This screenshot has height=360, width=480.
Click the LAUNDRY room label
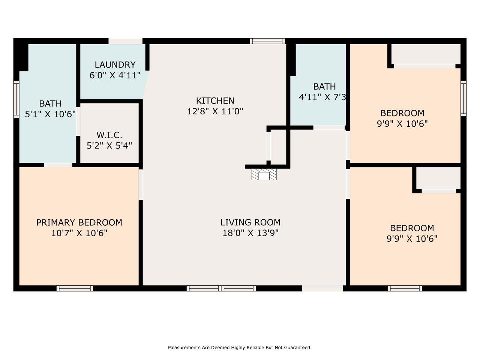tap(115, 65)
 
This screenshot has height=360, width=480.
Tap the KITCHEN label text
tap(215, 101)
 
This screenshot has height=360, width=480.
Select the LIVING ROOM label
tap(250, 222)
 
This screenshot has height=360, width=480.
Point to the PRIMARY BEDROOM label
tap(79, 222)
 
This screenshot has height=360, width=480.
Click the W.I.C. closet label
tap(109, 135)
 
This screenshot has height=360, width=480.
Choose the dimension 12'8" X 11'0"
tap(215, 111)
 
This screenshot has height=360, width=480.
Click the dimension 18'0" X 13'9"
tap(250, 233)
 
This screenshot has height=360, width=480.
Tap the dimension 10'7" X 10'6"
tap(79, 233)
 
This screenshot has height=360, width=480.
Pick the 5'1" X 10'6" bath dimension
tap(50, 114)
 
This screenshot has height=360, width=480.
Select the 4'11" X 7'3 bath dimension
tap(322, 97)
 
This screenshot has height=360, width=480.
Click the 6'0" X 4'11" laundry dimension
tap(115, 75)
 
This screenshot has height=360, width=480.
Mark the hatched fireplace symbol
tap(264, 174)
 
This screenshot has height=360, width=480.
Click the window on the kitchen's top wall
tap(267, 41)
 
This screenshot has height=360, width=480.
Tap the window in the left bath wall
tap(16, 99)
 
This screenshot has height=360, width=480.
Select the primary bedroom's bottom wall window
tap(75, 288)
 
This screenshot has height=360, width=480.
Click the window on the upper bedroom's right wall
tap(463, 98)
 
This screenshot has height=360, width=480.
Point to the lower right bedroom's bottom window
tap(405, 288)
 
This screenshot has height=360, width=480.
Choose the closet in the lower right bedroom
tap(438, 178)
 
